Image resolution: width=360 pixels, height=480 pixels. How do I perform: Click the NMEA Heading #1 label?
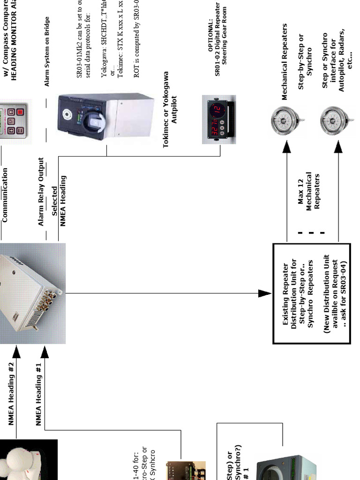(39, 394)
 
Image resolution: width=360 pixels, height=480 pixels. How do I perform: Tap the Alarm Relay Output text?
(41, 192)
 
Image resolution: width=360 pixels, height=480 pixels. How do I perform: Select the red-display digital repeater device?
(218, 120)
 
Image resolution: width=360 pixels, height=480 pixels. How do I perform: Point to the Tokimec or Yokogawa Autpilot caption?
(170, 117)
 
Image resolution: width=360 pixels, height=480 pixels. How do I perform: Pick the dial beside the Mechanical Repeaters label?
(285, 121)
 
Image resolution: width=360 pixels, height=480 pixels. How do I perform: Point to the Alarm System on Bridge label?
(47, 52)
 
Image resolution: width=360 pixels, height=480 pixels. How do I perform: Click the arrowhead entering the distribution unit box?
(265, 293)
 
